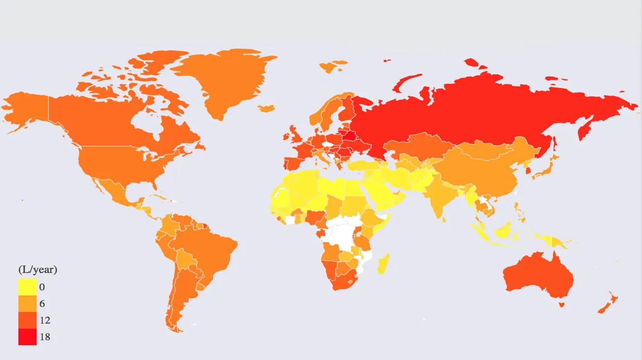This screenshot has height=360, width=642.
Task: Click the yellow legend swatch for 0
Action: point(27,287)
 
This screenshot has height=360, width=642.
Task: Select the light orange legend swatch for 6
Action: point(27,304)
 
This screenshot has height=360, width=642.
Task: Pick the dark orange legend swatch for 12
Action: point(27,320)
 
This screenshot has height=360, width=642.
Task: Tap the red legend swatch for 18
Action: point(27,336)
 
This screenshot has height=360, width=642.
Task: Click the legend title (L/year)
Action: point(37,269)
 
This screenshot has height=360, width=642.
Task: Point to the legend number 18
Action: point(44,337)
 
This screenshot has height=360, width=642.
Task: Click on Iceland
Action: point(266,108)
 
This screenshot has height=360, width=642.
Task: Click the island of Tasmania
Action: point(561,305)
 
